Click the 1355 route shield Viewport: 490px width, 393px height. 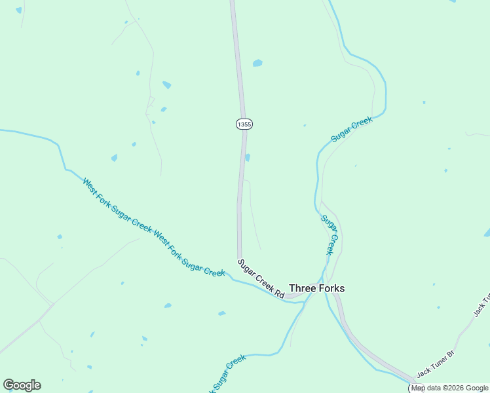point(244,124)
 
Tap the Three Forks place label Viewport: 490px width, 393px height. point(316,288)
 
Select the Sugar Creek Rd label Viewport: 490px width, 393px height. point(261,278)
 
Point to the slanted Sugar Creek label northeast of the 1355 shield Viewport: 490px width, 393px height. point(352,129)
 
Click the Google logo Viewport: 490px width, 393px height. point(22,385)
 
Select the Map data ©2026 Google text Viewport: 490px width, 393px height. point(450,388)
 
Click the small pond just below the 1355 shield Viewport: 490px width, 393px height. point(248,157)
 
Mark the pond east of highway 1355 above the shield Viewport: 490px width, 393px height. point(257,64)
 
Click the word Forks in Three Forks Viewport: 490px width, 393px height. point(331,288)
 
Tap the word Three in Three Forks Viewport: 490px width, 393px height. point(302,288)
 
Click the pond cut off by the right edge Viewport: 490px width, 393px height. point(487,233)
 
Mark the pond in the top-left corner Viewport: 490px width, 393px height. point(18,10)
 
